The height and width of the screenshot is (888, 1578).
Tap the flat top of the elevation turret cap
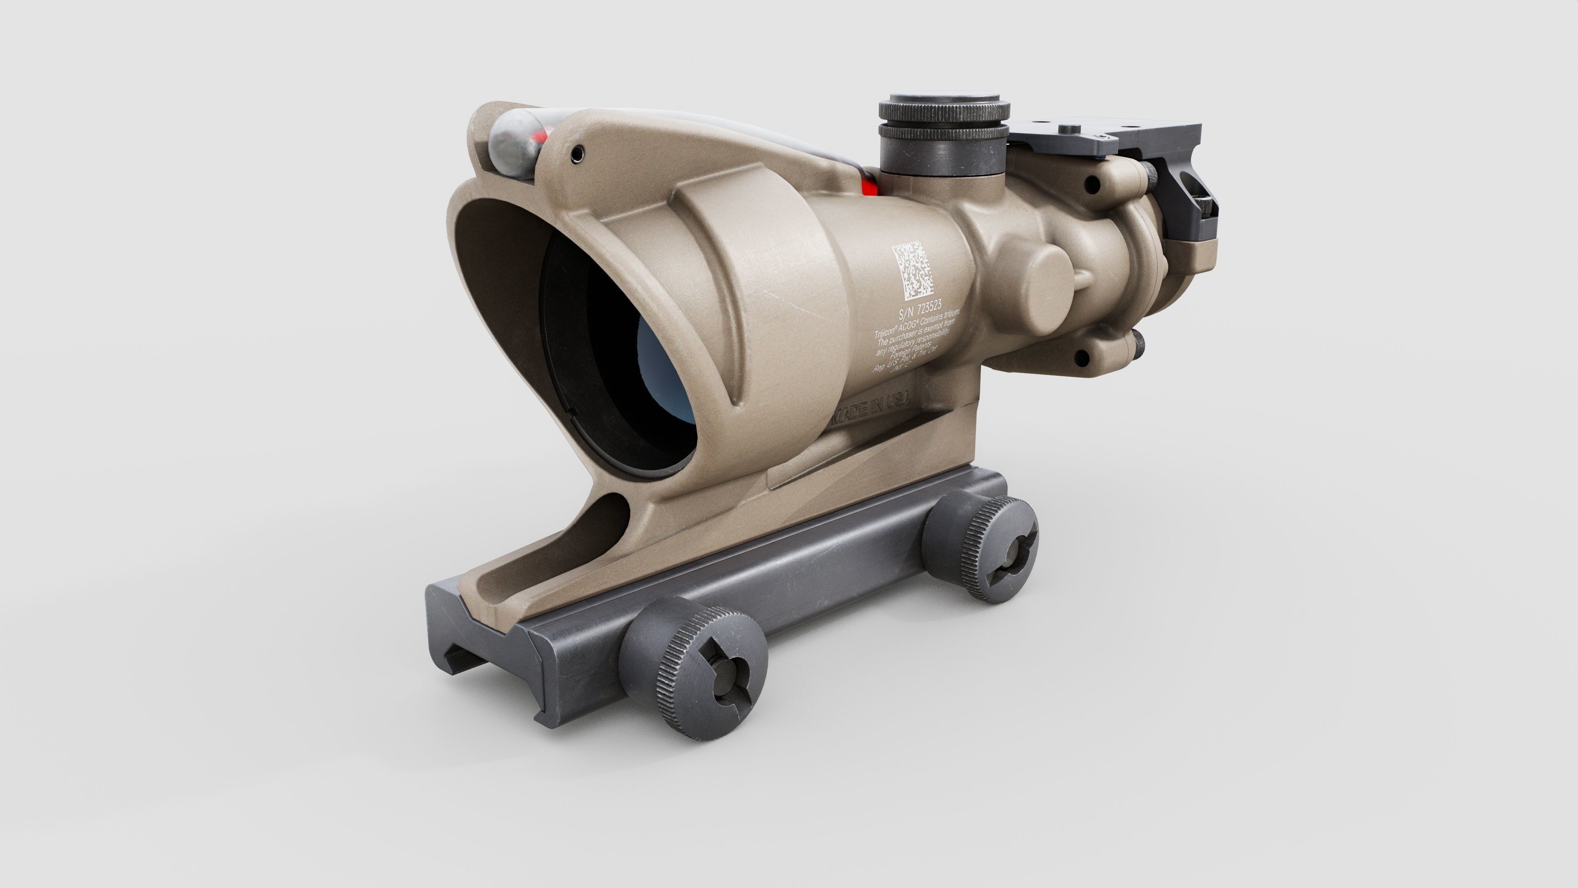[944, 100]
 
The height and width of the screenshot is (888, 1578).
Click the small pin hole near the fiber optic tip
[575, 156]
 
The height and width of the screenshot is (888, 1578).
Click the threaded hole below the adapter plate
[1090, 182]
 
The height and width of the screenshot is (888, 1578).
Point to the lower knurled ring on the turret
[944, 132]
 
